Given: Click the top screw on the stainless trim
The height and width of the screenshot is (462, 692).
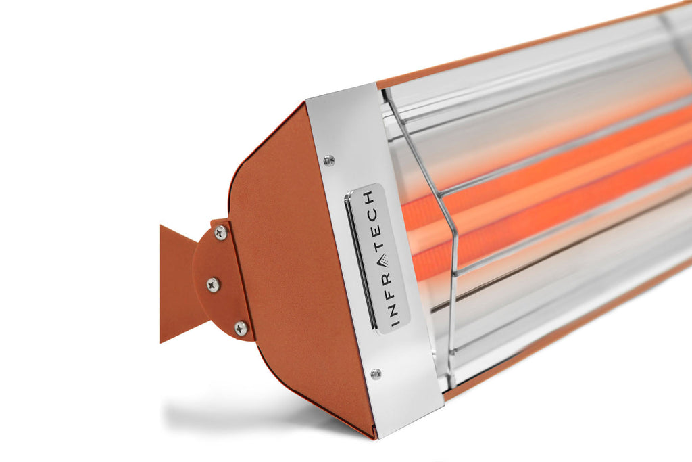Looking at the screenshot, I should point(329,160).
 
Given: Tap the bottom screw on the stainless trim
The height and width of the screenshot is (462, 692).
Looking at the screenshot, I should point(376,374).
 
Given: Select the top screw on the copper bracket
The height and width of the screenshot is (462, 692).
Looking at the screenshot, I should point(220,233).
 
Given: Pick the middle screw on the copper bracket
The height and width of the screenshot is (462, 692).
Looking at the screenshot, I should point(213,284).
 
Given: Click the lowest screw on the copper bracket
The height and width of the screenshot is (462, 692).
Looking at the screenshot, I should point(241,328).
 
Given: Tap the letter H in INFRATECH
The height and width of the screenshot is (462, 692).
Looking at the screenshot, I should point(368,197).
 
